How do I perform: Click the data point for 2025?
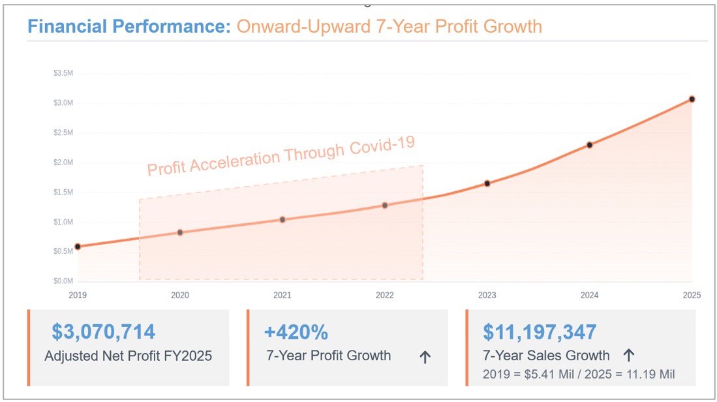tap(692, 99)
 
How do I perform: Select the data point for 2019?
tap(78, 247)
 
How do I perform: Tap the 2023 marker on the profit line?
tap(487, 183)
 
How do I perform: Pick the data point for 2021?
tap(282, 219)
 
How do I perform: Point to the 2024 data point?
tap(589, 145)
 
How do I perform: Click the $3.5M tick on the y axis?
tap(63, 73)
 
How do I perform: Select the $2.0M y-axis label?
tap(63, 162)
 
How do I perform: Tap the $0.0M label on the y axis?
tap(63, 281)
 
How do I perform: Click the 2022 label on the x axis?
tap(385, 295)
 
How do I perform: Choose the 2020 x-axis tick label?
tap(180, 295)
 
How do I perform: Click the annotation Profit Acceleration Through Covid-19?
tap(281, 157)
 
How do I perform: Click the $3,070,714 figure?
tap(104, 332)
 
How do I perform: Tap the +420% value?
tap(296, 332)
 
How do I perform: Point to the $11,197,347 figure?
tap(540, 332)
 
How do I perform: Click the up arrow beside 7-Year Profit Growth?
tap(425, 357)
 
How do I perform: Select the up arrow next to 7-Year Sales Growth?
tap(628, 356)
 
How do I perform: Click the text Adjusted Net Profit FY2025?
tap(128, 356)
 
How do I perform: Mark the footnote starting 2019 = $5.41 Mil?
tap(579, 374)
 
